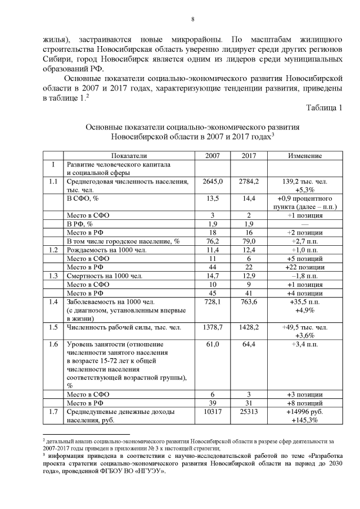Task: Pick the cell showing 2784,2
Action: click(248, 181)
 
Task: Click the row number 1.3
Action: click(53, 276)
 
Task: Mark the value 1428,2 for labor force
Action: click(248, 327)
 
